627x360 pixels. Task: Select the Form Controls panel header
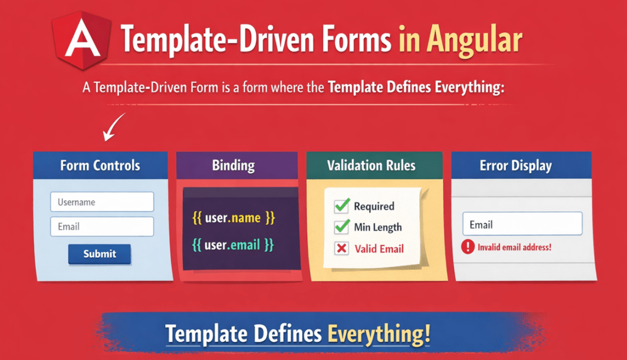click(x=100, y=166)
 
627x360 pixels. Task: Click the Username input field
click(x=102, y=202)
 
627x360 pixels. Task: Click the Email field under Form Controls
click(x=102, y=226)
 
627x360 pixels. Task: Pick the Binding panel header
click(x=233, y=166)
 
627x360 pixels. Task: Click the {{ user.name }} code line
click(x=234, y=218)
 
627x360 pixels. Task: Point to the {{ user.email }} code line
click(x=233, y=245)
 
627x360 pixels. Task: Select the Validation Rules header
click(x=371, y=166)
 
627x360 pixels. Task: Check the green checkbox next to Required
click(x=341, y=206)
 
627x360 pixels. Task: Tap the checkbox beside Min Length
click(x=341, y=227)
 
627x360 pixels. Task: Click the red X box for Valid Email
click(x=341, y=248)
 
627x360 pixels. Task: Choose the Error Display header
click(x=516, y=166)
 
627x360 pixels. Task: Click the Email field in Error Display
click(x=522, y=224)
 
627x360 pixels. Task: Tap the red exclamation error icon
click(x=467, y=247)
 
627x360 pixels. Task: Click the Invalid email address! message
click(x=514, y=247)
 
